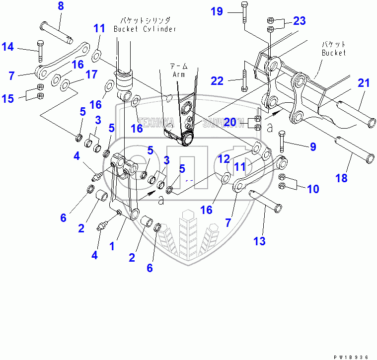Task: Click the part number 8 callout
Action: click(x=61, y=6)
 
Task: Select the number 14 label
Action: click(x=7, y=47)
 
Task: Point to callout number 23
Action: click(x=299, y=21)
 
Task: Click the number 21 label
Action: click(x=364, y=83)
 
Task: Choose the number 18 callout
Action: click(x=341, y=178)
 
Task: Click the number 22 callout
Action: click(x=217, y=80)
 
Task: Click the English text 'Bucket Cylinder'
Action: click(x=145, y=29)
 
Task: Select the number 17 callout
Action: click(x=91, y=74)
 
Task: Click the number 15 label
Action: click(x=7, y=98)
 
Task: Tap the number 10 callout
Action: click(x=312, y=189)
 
